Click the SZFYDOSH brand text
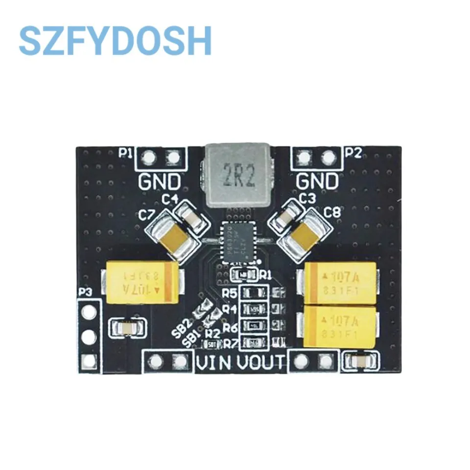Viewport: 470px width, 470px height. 115,41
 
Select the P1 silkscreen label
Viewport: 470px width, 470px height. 126,153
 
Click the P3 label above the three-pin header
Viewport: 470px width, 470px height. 85,292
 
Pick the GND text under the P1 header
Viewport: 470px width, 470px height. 159,182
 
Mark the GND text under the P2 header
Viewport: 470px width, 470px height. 317,182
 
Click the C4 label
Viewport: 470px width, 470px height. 169,199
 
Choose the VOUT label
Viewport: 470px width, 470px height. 260,363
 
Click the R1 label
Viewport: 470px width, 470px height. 266,274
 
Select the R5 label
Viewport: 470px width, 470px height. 230,293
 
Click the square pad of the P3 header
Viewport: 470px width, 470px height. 89,362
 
